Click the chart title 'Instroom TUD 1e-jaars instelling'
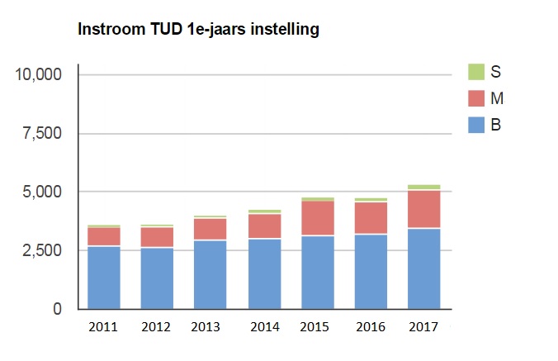[197, 31]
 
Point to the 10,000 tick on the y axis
[39, 74]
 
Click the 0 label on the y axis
[57, 309]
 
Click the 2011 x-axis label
[103, 327]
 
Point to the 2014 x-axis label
[263, 327]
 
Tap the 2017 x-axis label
[423, 327]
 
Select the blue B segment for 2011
[103, 278]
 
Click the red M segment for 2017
[423, 209]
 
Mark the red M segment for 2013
[210, 229]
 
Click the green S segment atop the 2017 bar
[423, 187]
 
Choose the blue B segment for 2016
[370, 272]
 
